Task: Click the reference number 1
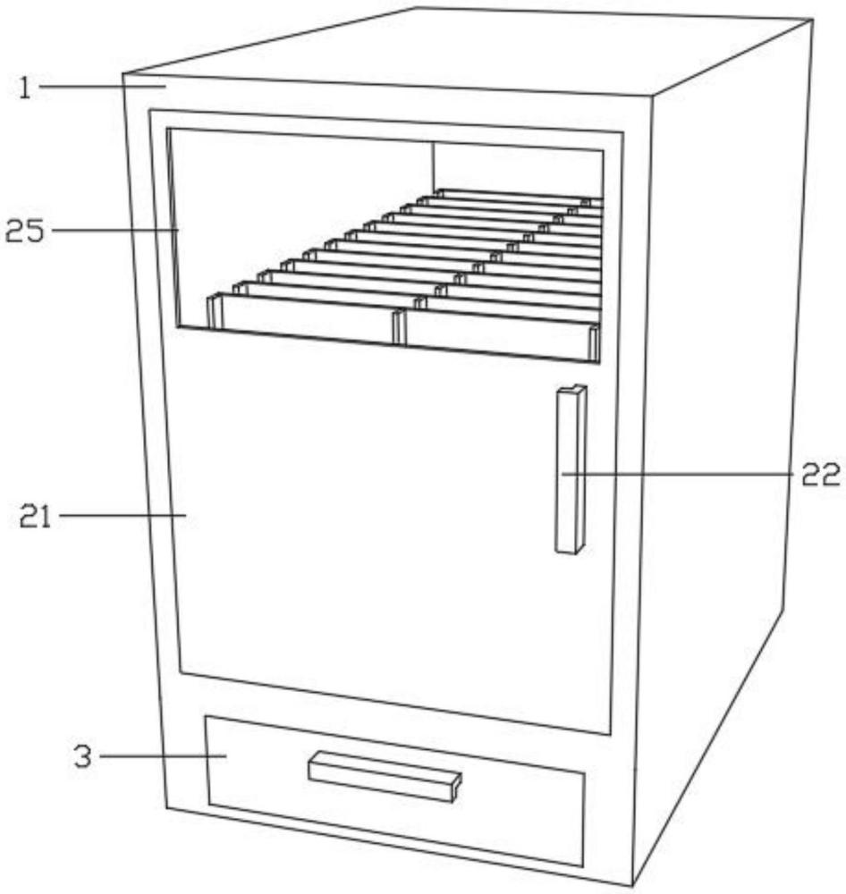click(26, 88)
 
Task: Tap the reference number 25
click(25, 232)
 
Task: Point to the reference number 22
click(820, 475)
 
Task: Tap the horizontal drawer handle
click(385, 776)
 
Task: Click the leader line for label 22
click(680, 474)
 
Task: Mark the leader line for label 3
click(161, 756)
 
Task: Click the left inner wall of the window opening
click(174, 223)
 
